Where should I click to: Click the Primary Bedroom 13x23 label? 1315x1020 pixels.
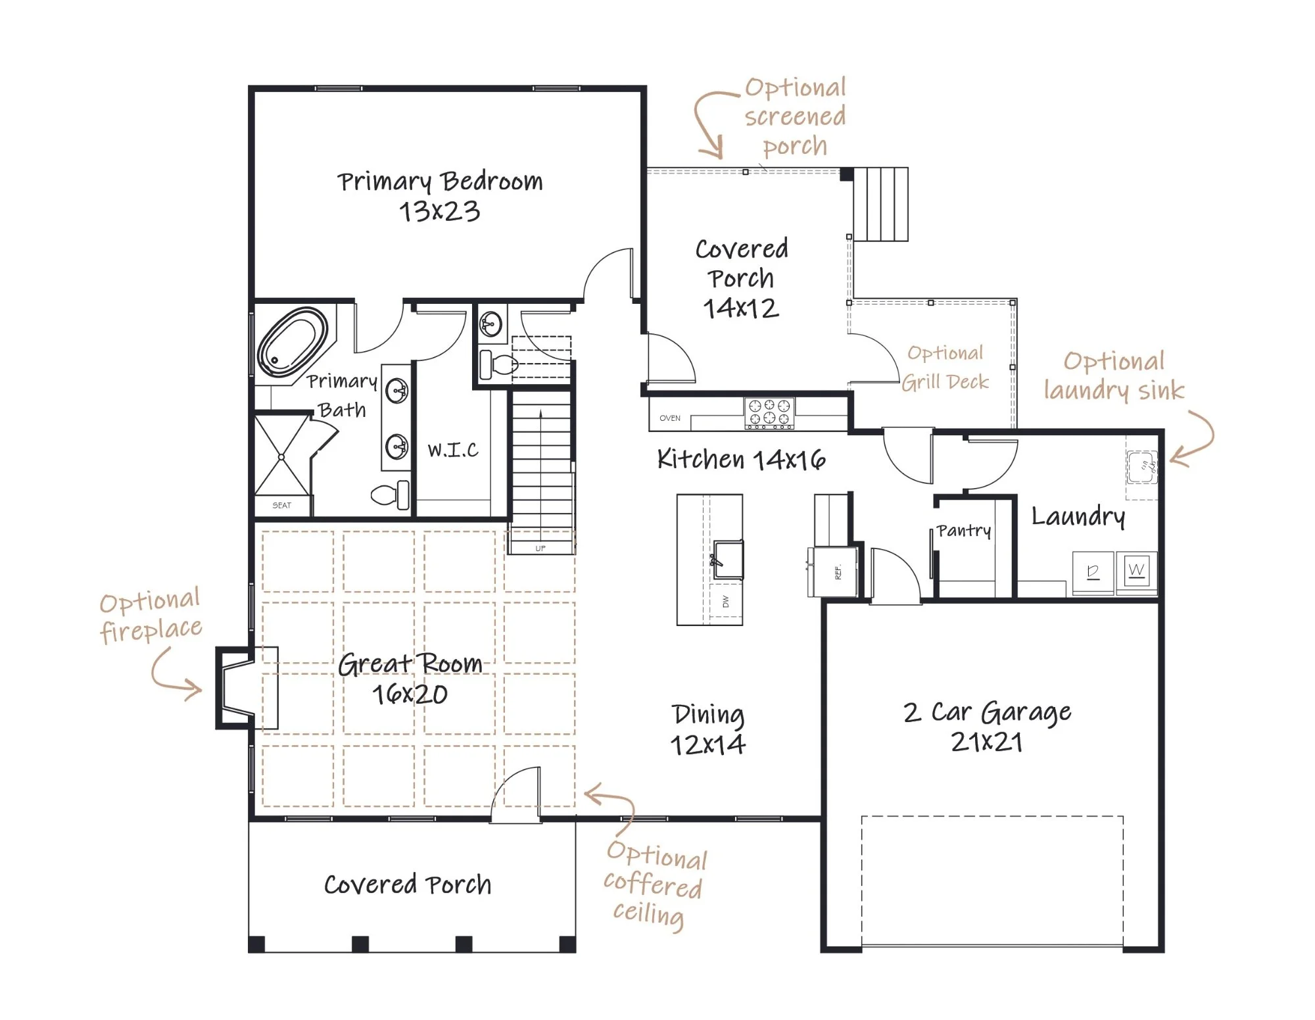point(440,196)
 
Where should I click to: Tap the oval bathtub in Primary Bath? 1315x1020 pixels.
point(293,342)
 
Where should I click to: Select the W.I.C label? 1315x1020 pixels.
point(453,450)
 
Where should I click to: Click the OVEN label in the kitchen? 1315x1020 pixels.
point(670,418)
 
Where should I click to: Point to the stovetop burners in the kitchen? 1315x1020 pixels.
point(769,412)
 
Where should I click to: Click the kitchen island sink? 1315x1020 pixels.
point(729,560)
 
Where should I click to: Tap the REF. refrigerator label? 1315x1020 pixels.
point(838,572)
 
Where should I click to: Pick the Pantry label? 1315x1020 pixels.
point(964,531)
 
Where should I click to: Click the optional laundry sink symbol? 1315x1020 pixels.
point(1142,467)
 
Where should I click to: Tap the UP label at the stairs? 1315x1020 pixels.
point(540,548)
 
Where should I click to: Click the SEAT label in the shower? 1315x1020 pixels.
point(281,506)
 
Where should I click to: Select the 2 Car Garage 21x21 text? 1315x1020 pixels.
point(987,727)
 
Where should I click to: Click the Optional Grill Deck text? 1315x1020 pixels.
point(945,368)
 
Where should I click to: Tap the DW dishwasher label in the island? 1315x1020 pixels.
point(726,601)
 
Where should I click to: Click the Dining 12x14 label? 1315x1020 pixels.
point(708,730)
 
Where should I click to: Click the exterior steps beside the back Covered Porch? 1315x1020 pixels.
point(881,204)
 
